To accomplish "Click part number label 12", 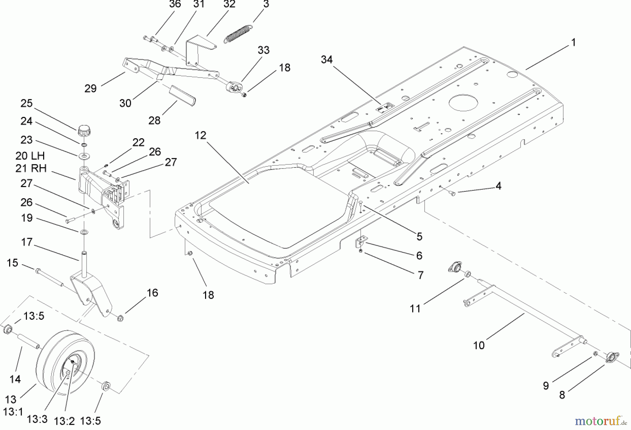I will coord(201,135).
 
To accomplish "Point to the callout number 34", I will coord(326,60).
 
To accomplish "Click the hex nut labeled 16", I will coord(120,319).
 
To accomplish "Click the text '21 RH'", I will coord(31,168).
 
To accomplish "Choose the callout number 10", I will coord(479,345).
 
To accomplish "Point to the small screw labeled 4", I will coord(452,193).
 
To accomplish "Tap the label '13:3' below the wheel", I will coord(37,419).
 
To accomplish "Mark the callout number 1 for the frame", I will coord(573,42).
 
